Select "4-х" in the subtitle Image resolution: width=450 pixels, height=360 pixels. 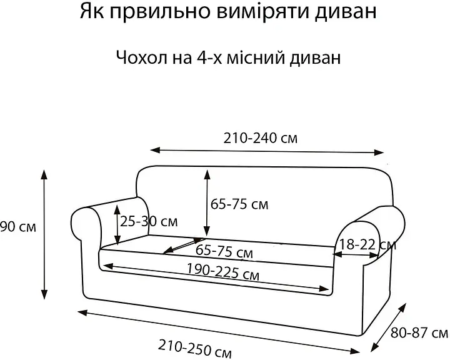pyautogui.click(x=209, y=57)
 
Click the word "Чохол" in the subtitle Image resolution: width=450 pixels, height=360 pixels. pyautogui.click(x=142, y=57)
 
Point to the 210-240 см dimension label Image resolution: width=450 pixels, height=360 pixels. pyautogui.click(x=261, y=138)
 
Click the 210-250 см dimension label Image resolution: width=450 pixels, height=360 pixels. pyautogui.click(x=194, y=349)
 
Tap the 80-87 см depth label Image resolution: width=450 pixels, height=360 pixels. pyautogui.click(x=419, y=333)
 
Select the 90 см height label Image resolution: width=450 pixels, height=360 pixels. pyautogui.click(x=17, y=227)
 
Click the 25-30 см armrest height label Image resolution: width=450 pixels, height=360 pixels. pyautogui.click(x=149, y=222)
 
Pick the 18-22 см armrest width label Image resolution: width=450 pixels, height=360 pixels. pyautogui.click(x=368, y=245)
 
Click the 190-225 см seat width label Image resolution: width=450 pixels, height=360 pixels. pyautogui.click(x=223, y=271)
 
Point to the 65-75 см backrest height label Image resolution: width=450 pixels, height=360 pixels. pyautogui.click(x=239, y=204)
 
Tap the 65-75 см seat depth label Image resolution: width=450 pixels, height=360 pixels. pyautogui.click(x=224, y=251)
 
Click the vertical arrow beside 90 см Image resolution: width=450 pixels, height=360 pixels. pyautogui.click(x=44, y=234)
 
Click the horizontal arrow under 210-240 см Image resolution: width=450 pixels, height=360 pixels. pyautogui.click(x=267, y=151)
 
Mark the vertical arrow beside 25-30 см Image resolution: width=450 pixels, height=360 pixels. pyautogui.click(x=117, y=225)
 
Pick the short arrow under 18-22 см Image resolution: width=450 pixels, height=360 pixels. pyautogui.click(x=356, y=254)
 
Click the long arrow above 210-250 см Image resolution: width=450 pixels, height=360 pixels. pyautogui.click(x=219, y=332)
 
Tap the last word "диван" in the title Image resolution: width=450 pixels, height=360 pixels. pyautogui.click(x=345, y=12)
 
